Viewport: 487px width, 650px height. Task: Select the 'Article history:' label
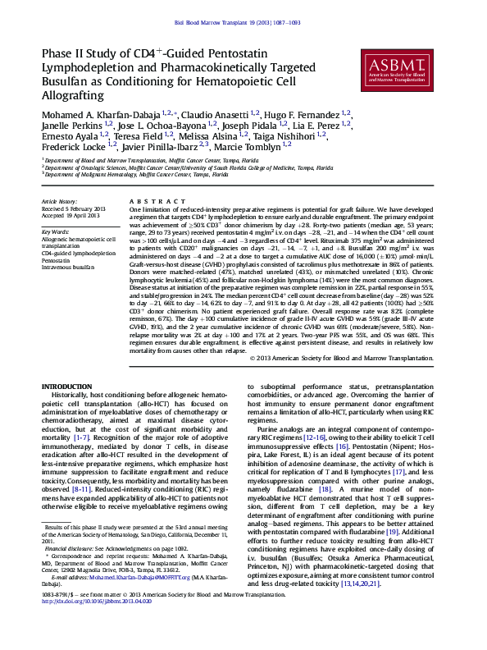pyautogui.click(x=59, y=201)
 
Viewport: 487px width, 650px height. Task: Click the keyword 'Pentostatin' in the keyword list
pyautogui.click(x=59, y=260)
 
